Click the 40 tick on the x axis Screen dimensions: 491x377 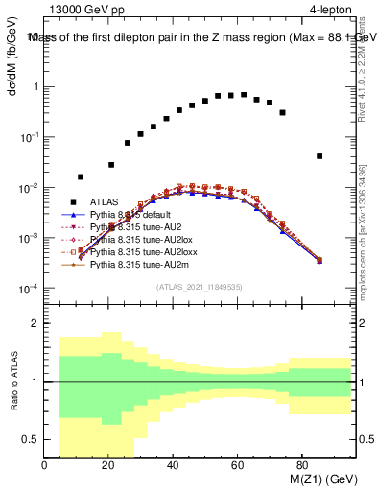(x=173, y=465)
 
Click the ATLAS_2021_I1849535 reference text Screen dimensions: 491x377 (x=199, y=287)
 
